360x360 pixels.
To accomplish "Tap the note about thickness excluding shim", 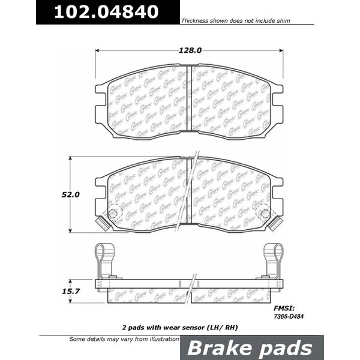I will pos(235,20).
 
